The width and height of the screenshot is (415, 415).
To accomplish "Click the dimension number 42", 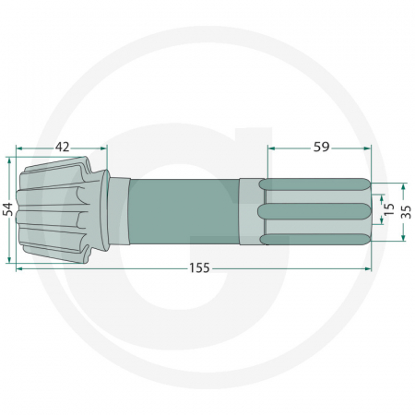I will [x=63, y=146].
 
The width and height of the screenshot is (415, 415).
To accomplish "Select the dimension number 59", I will [x=321, y=146].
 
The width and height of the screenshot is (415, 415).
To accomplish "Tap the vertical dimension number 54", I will [x=8, y=209].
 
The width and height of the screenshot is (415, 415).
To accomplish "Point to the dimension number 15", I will [x=388, y=209].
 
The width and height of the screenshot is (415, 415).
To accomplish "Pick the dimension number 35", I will [x=406, y=209].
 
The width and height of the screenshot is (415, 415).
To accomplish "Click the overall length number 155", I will [x=199, y=268].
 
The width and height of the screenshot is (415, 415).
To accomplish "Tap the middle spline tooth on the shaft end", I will [x=314, y=210].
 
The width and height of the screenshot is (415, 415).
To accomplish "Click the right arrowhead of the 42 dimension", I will [x=104, y=147].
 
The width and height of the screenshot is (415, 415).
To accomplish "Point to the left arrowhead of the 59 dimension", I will [x=270, y=147].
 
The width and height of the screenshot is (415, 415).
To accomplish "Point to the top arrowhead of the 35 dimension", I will [x=403, y=182].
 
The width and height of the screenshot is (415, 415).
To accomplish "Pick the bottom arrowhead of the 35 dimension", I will [x=403, y=238].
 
